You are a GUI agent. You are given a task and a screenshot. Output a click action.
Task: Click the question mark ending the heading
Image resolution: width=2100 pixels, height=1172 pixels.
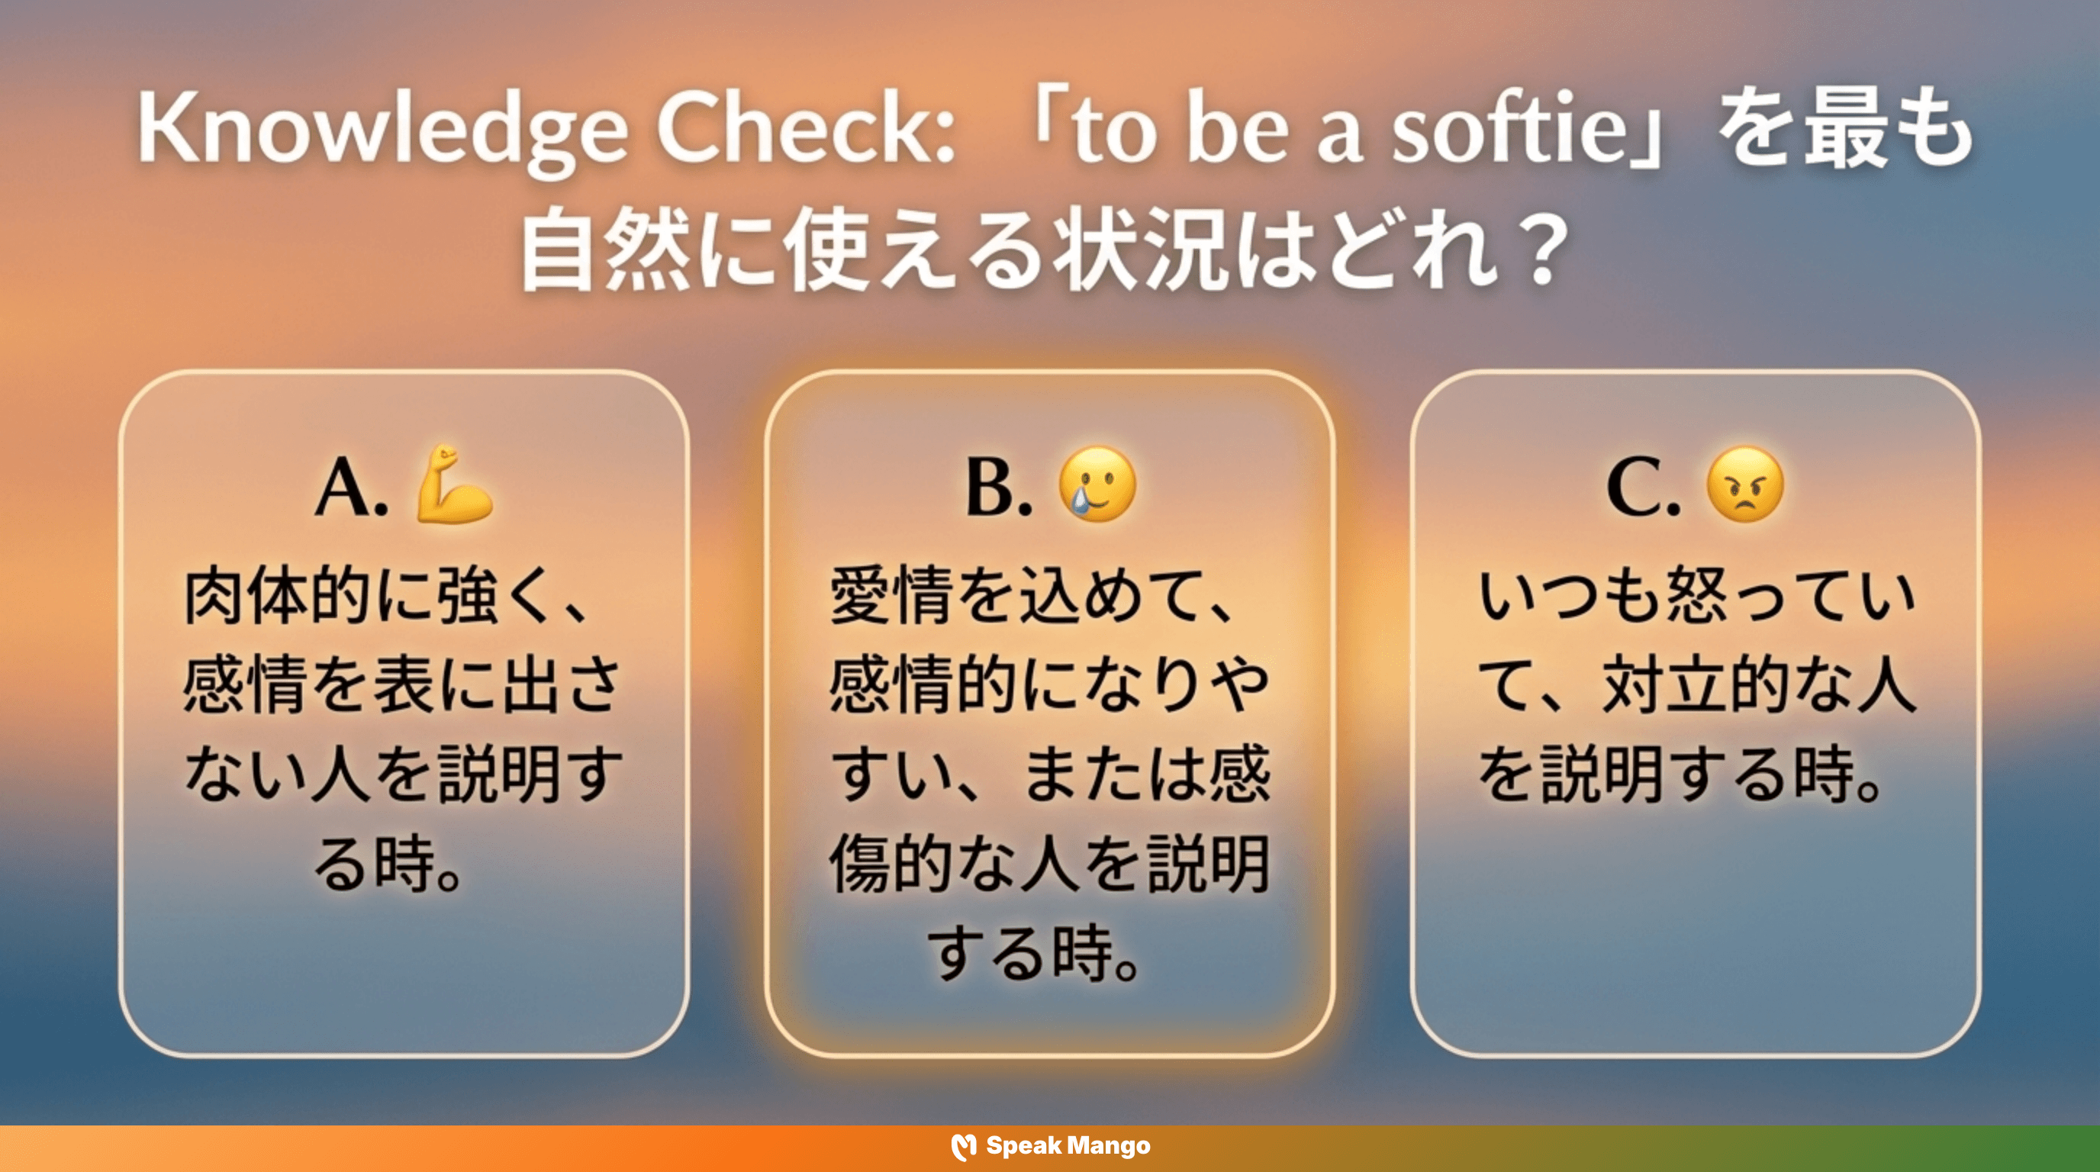pos(1540,250)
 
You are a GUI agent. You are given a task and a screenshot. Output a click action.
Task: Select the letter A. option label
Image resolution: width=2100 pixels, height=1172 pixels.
pos(350,488)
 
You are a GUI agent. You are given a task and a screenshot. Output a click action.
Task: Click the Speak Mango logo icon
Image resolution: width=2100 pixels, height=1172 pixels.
pos(964,1147)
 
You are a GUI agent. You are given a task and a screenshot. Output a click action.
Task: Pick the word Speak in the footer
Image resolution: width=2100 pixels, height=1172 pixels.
pos(1023,1146)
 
